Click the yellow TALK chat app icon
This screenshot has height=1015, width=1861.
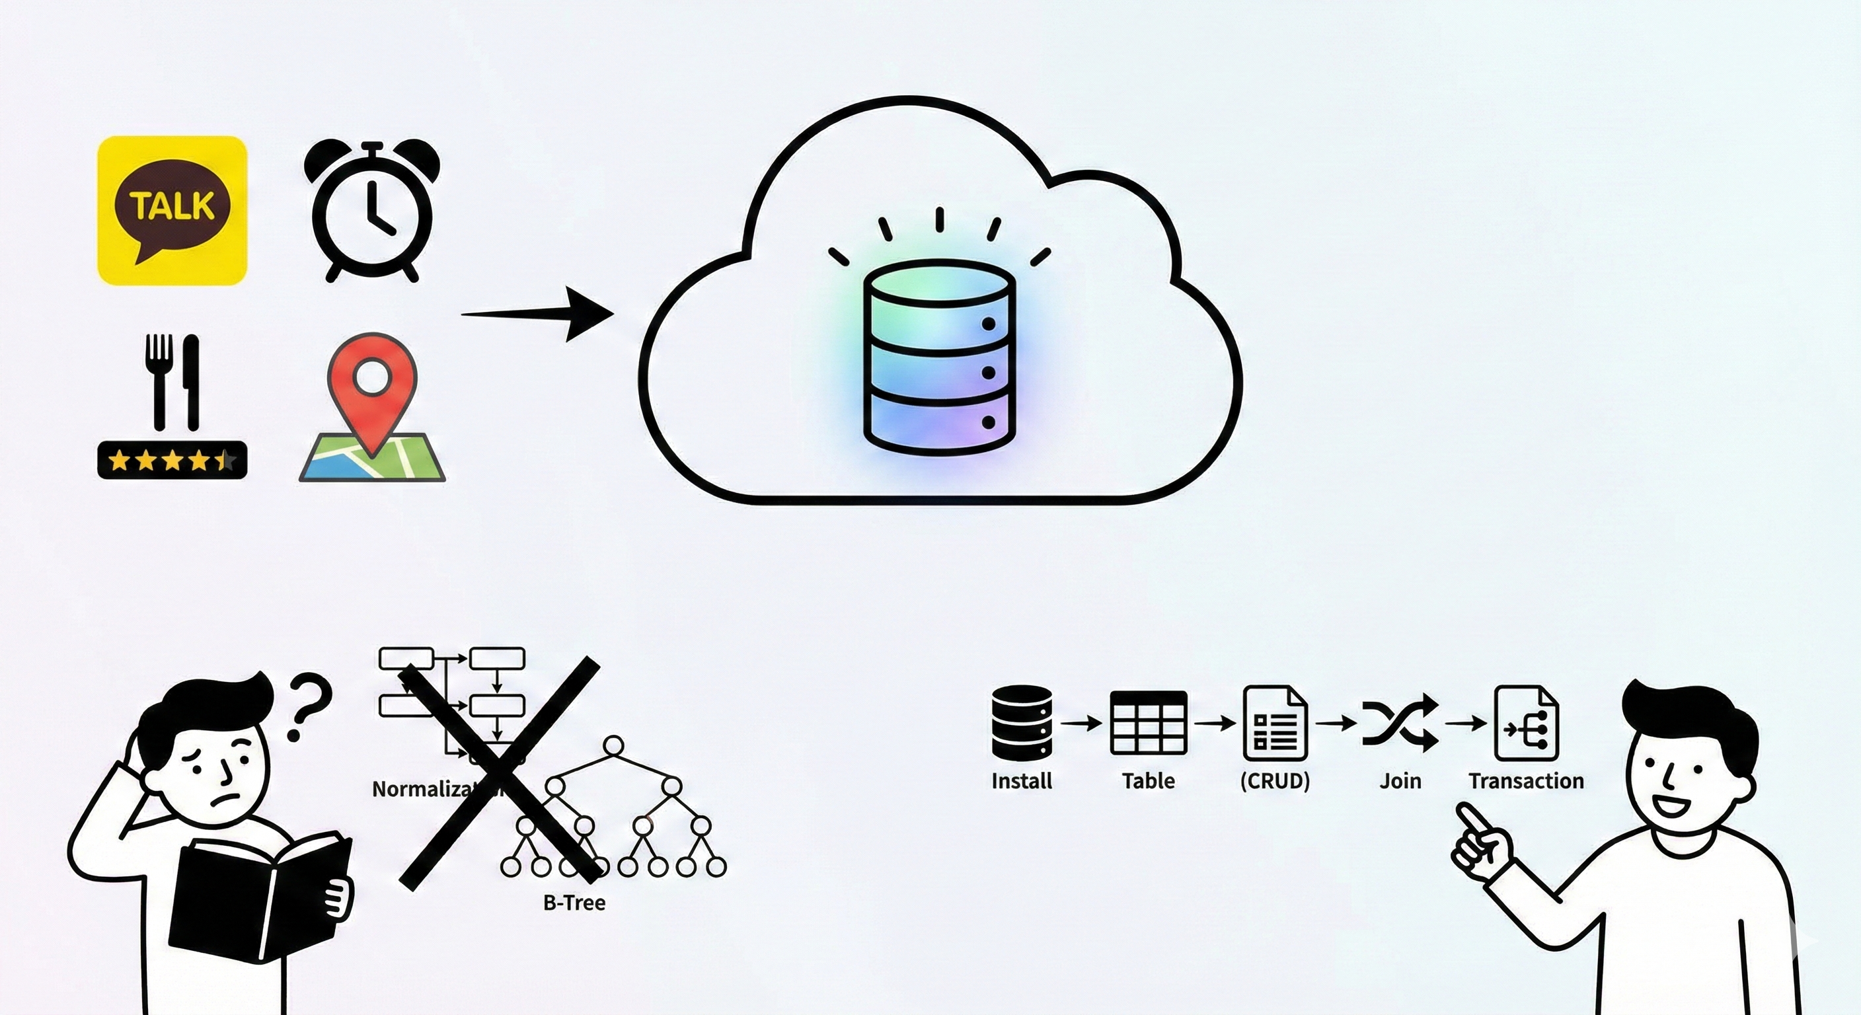coord(172,209)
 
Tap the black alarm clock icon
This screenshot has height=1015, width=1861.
coord(371,211)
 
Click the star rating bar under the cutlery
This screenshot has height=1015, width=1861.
coord(172,459)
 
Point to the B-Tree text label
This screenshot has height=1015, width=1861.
coord(574,902)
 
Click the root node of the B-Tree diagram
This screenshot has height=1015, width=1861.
coord(613,745)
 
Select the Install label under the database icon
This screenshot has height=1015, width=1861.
coord(1022,781)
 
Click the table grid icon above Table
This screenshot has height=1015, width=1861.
coord(1148,722)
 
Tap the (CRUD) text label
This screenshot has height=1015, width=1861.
coord(1275,781)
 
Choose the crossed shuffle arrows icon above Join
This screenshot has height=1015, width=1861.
coord(1399,722)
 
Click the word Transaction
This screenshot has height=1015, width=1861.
coord(1526,781)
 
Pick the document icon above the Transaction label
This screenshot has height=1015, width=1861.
coord(1526,722)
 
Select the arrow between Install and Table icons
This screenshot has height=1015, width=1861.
coord(1081,722)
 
